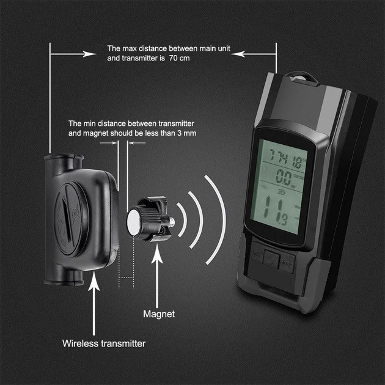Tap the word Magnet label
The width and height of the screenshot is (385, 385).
(x=159, y=314)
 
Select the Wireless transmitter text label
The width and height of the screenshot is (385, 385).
(x=104, y=343)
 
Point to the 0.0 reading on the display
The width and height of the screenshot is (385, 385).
(x=282, y=179)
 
